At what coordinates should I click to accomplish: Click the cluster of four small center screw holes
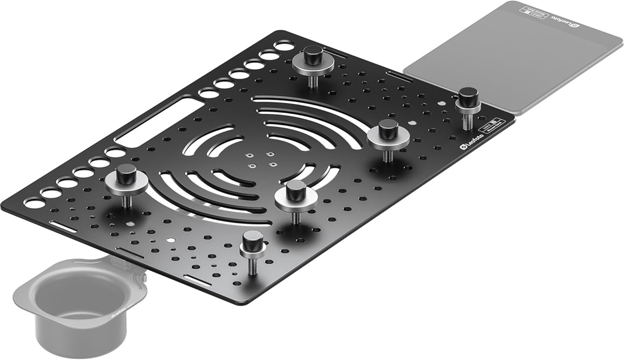click(261, 160)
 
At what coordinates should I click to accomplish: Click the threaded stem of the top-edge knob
click(312, 79)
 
